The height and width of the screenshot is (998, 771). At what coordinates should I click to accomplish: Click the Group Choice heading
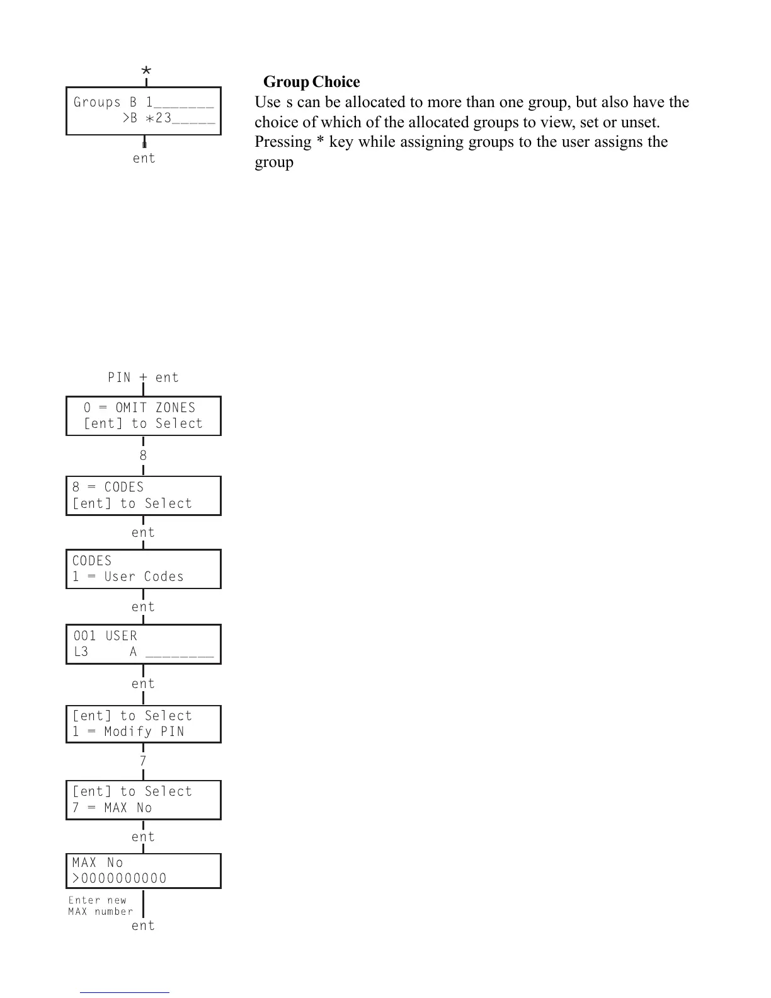(311, 82)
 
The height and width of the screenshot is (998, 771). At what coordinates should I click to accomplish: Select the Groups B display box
(144, 111)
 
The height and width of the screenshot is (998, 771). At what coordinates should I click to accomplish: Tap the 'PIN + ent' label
(143, 377)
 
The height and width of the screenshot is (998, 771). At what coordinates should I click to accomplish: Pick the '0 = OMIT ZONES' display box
(144, 416)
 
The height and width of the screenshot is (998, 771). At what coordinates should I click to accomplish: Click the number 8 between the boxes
(143, 455)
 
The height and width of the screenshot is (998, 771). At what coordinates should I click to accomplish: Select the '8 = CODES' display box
(144, 496)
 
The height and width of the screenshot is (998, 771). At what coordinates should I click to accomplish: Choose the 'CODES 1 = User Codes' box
(144, 569)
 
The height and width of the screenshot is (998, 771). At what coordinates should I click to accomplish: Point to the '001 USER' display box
(144, 644)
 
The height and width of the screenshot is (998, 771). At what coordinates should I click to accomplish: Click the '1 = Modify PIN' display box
(144, 724)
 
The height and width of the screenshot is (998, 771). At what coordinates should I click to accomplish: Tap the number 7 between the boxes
(143, 761)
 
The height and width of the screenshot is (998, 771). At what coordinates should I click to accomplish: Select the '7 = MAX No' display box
(144, 800)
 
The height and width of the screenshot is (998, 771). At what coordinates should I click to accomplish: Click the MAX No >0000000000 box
(144, 871)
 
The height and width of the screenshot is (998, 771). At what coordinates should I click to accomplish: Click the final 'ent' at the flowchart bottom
(143, 926)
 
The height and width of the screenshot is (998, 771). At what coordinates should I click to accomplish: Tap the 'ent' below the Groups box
(144, 158)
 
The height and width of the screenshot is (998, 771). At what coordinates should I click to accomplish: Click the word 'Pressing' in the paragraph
(283, 142)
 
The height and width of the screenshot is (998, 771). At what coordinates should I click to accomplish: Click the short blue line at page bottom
(125, 992)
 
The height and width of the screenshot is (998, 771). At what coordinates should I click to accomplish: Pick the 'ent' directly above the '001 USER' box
(143, 607)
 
